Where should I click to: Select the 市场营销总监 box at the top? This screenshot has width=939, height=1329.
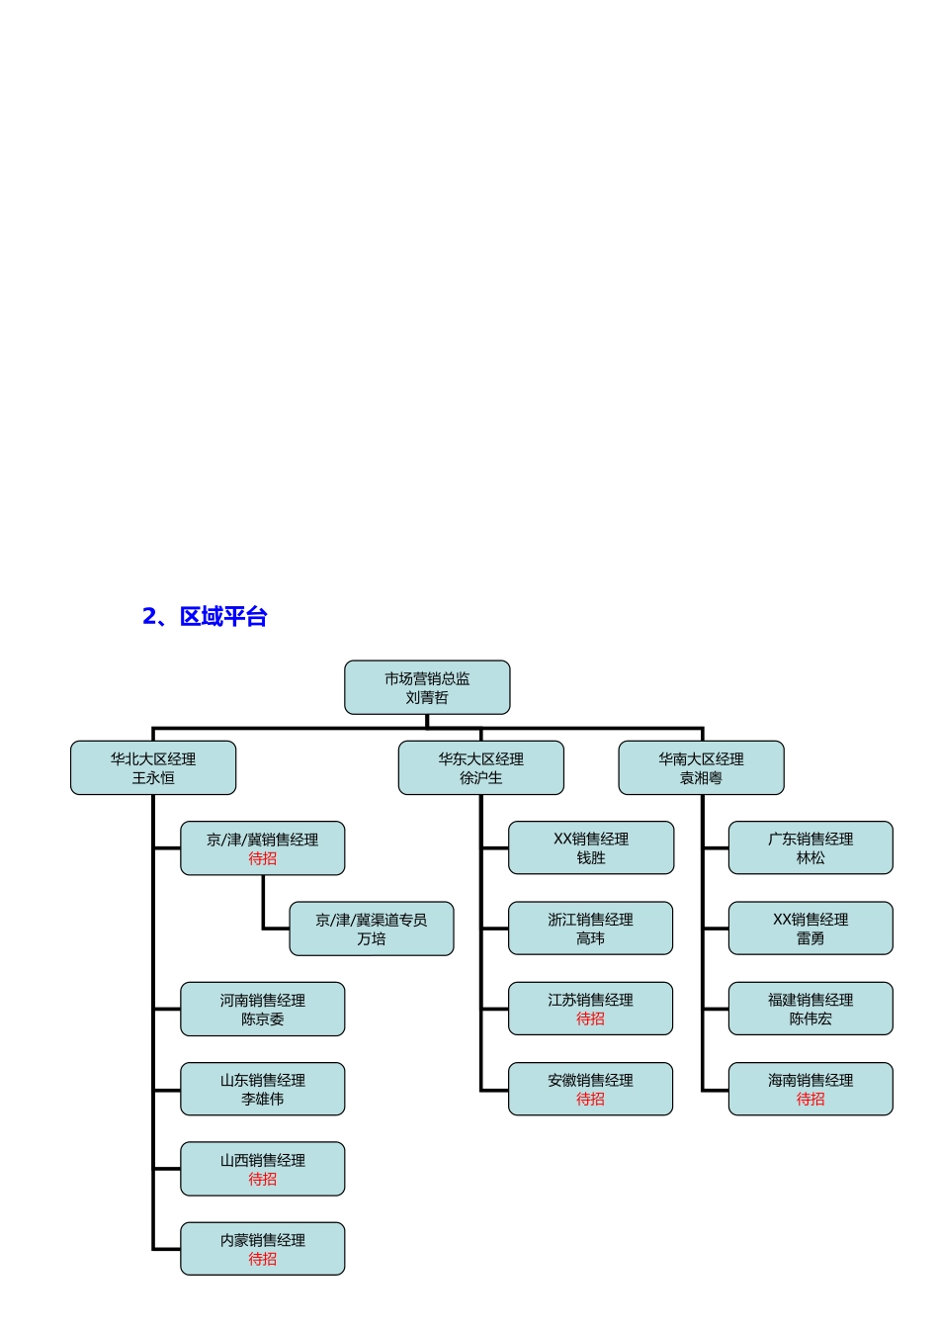click(x=427, y=687)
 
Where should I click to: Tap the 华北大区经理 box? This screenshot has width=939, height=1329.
click(x=153, y=767)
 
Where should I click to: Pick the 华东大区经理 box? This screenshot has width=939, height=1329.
click(x=481, y=767)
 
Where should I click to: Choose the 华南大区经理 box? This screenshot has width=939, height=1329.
click(x=702, y=767)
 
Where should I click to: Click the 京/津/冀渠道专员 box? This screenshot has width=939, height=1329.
click(x=372, y=929)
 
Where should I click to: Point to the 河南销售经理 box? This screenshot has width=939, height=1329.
click(x=263, y=1009)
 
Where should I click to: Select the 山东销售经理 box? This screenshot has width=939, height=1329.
click(x=263, y=1089)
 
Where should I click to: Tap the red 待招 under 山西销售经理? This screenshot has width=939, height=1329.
click(x=263, y=1179)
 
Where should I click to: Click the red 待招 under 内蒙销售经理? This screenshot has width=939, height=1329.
click(x=263, y=1259)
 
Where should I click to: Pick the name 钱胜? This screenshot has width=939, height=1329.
click(x=591, y=858)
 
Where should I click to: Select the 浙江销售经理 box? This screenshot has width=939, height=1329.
click(x=591, y=928)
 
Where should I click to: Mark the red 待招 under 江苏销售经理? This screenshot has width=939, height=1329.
click(x=591, y=1019)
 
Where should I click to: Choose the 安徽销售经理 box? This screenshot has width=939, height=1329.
click(x=591, y=1089)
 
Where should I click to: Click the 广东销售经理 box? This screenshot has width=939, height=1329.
click(x=811, y=847)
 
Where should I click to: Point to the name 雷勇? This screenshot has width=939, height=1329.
click(x=811, y=938)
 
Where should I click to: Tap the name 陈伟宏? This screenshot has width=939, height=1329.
click(x=811, y=1019)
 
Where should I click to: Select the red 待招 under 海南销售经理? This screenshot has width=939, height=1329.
click(x=811, y=1099)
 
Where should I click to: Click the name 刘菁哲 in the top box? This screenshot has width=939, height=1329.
click(x=427, y=697)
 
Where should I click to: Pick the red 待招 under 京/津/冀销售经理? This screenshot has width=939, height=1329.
click(x=263, y=858)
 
